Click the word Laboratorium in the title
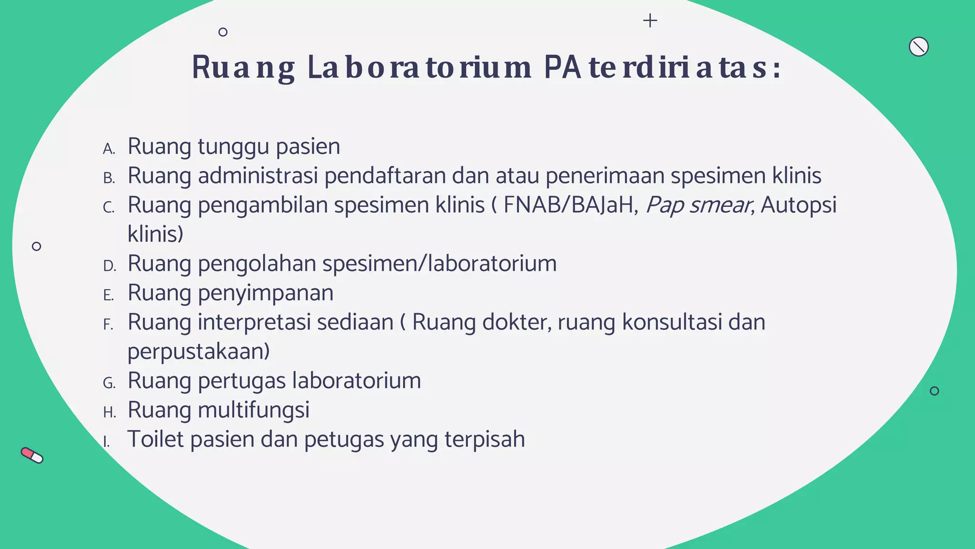pos(419,68)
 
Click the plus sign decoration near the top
pos(650,20)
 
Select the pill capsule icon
pos(32,455)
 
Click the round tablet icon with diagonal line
pos(918,47)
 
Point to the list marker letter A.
pos(109,149)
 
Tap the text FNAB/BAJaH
pos(570,205)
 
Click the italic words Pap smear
pos(698,206)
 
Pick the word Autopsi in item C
pos(798,206)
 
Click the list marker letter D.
pos(109,266)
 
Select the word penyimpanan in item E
pos(265,294)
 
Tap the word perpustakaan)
pos(199,352)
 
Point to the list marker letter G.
pos(109,383)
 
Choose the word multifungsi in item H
pos(253,410)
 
